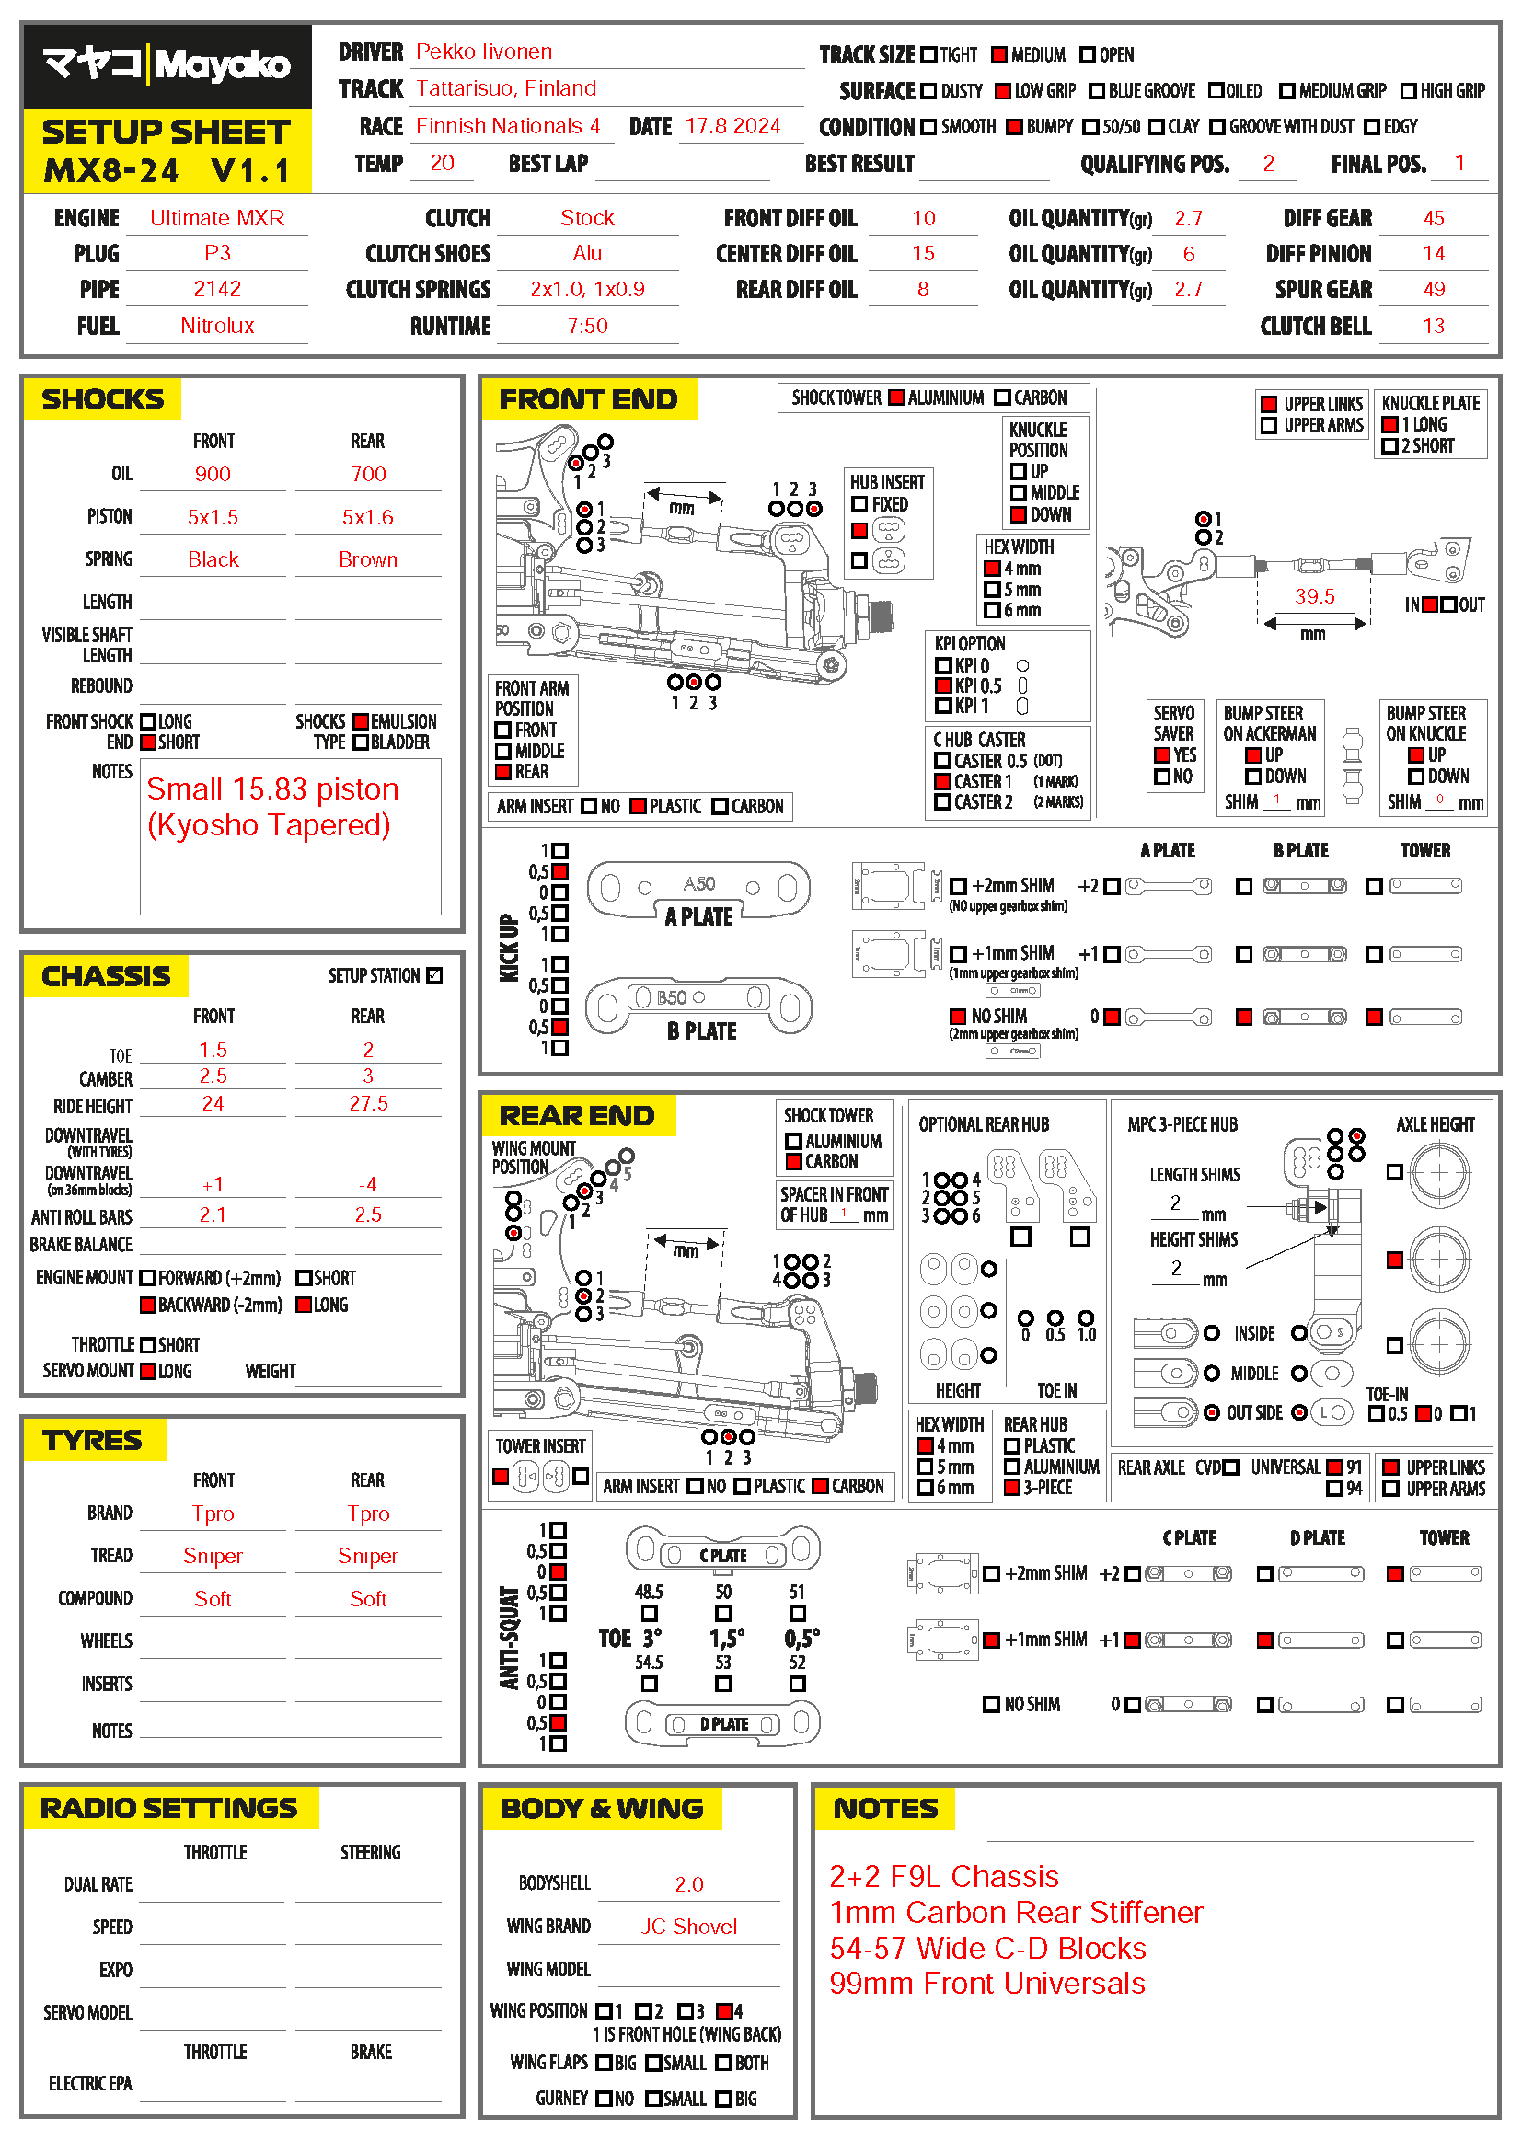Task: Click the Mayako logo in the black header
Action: click(x=167, y=65)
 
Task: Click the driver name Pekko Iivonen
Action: click(x=484, y=52)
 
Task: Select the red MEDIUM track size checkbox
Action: click(x=999, y=55)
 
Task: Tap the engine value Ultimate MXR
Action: click(x=216, y=218)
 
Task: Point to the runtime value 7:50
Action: click(x=587, y=327)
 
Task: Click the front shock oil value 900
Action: click(x=213, y=474)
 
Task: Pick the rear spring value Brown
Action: click(x=367, y=559)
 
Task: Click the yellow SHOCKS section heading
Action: click(x=102, y=399)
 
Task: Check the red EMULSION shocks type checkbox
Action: click(x=361, y=721)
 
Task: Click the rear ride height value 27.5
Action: click(x=367, y=1103)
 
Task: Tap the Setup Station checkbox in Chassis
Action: click(x=434, y=975)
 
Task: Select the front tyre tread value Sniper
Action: click(x=213, y=1556)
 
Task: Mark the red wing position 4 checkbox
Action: click(x=722, y=2011)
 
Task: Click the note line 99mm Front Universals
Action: click(x=986, y=1984)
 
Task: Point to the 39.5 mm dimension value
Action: click(x=1314, y=596)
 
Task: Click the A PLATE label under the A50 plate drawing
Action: click(x=698, y=916)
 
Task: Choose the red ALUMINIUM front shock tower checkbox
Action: click(x=896, y=397)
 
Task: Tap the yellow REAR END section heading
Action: click(x=576, y=1115)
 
